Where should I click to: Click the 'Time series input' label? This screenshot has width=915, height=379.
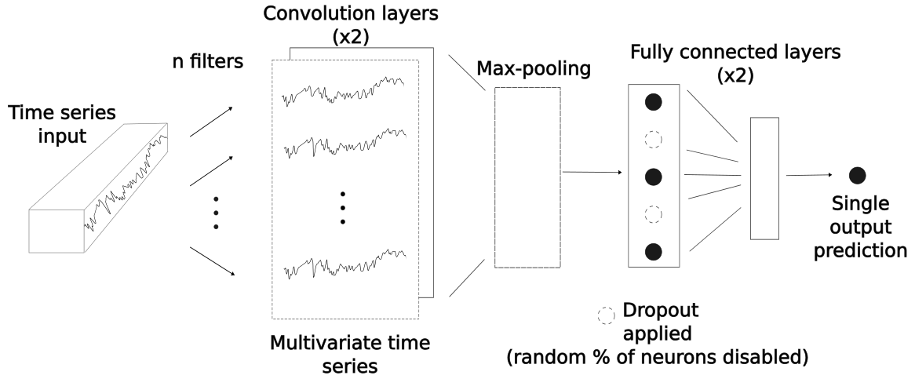coord(61,125)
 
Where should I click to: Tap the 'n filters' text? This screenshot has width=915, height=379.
coord(207,60)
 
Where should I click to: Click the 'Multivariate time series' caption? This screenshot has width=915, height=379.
coord(350,355)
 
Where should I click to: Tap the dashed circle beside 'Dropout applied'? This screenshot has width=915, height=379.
coord(607,315)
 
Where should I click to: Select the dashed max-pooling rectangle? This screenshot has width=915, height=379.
coord(527,176)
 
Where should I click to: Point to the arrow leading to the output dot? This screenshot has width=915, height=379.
coord(809,175)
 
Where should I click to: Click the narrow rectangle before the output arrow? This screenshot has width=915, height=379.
coord(764,177)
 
